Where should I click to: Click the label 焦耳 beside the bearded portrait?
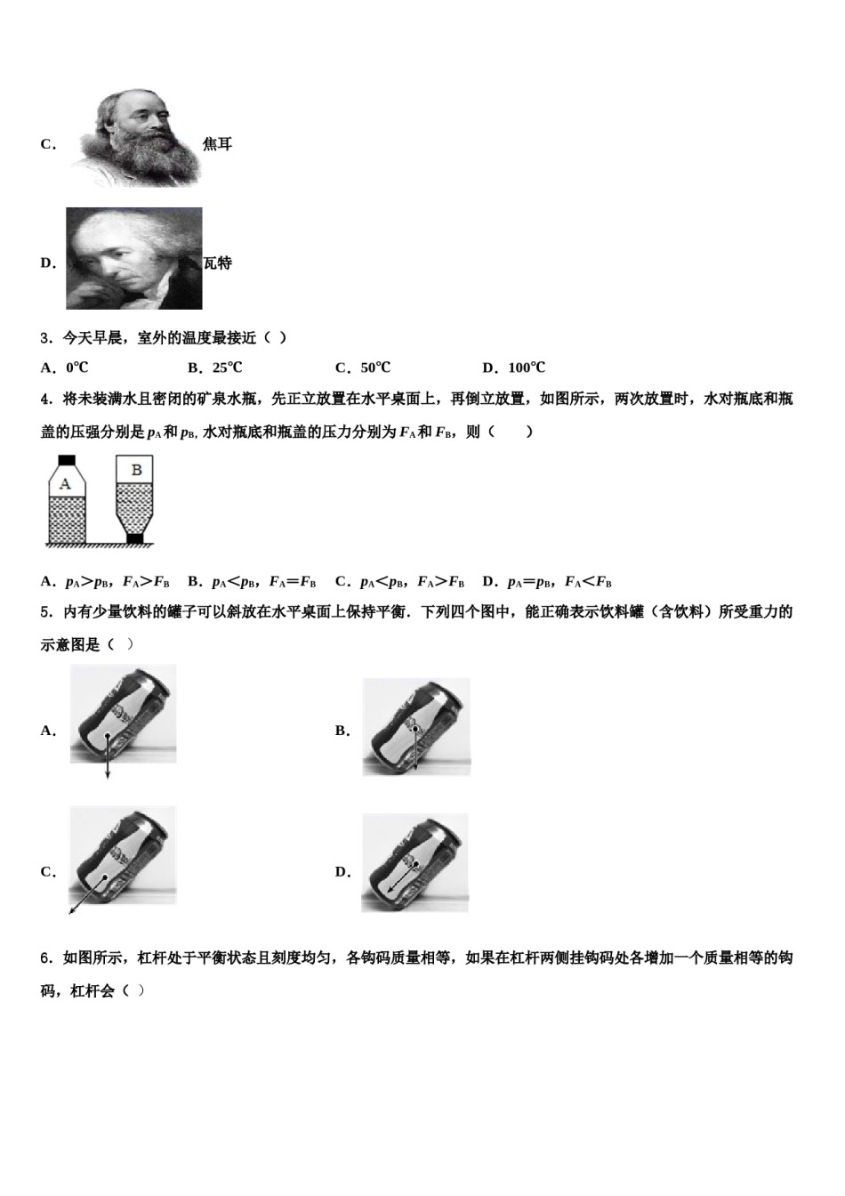(x=217, y=144)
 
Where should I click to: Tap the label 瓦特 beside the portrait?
(x=217, y=263)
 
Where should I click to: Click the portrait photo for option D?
(x=133, y=259)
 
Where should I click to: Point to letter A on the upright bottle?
(x=65, y=484)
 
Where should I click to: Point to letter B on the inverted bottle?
(x=136, y=469)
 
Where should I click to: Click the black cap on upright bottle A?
(x=65, y=461)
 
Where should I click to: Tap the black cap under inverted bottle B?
(x=135, y=537)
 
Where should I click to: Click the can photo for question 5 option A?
(x=123, y=714)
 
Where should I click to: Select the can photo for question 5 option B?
(x=415, y=726)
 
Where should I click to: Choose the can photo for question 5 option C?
(x=123, y=855)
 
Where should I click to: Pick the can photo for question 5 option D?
(x=414, y=862)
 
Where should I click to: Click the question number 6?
(x=45, y=958)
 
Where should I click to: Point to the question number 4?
(x=45, y=400)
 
